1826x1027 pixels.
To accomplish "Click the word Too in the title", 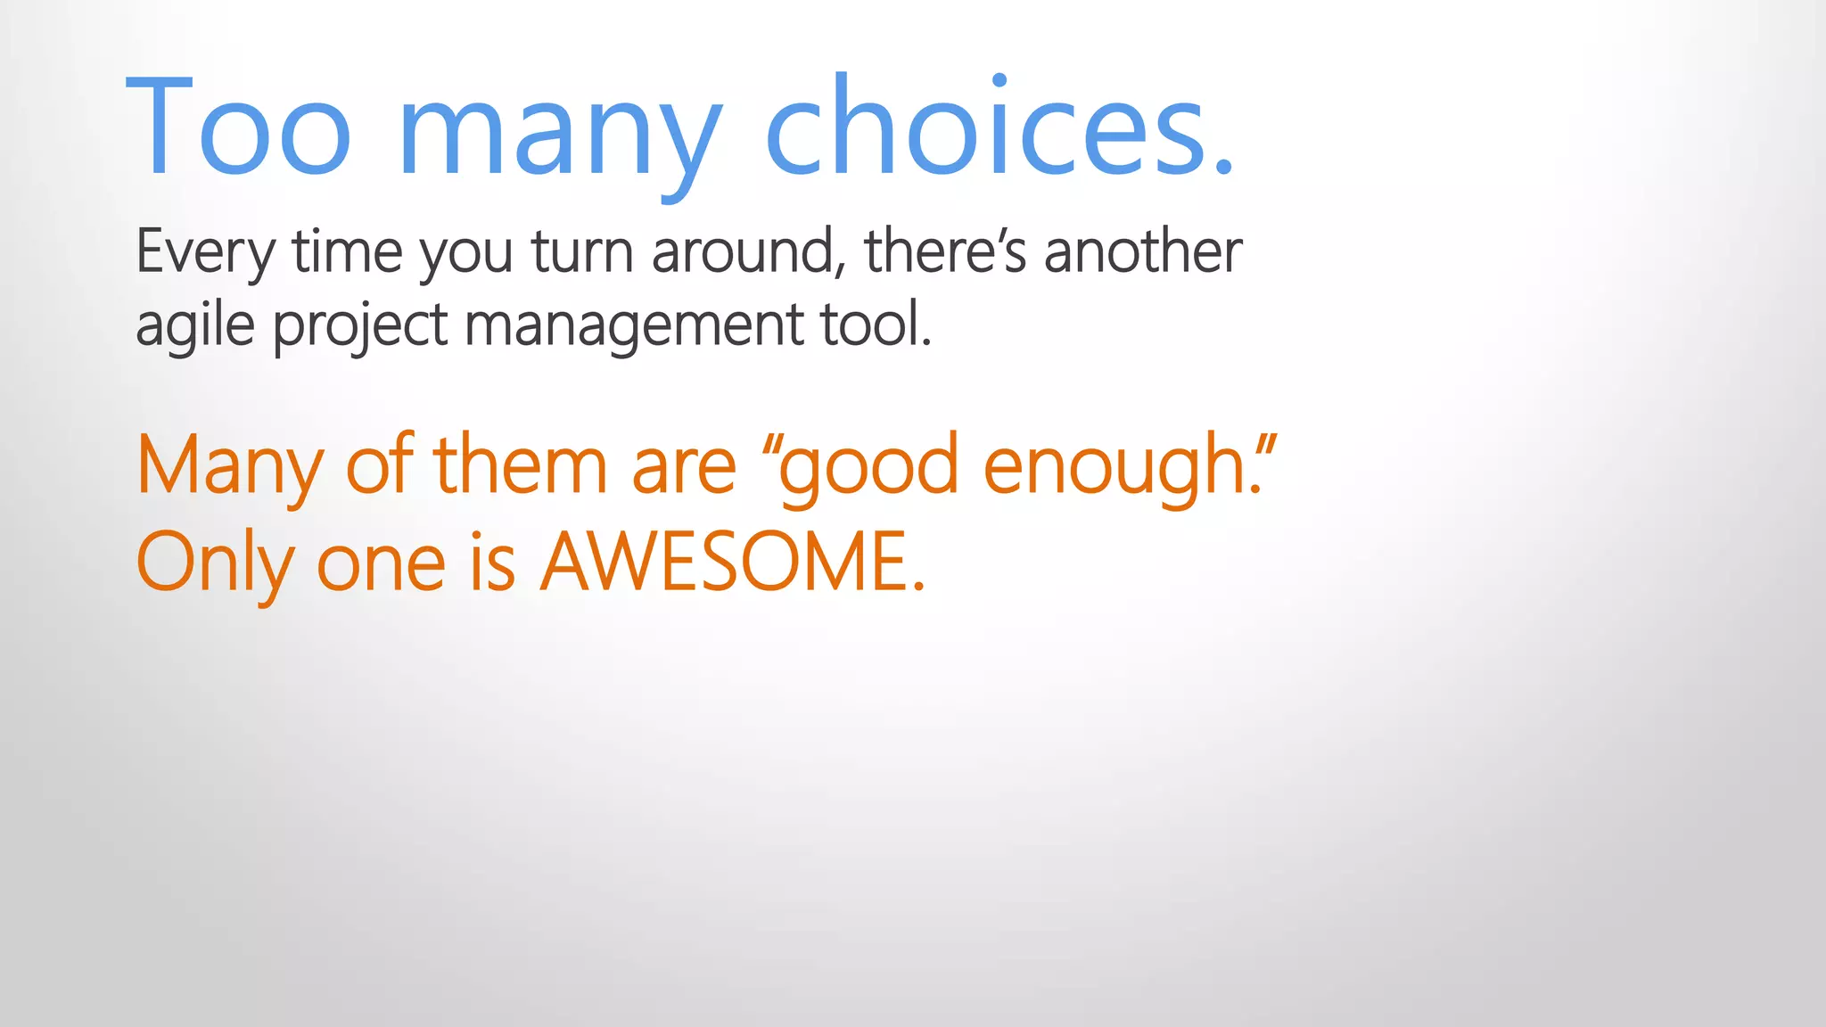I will click(x=239, y=127).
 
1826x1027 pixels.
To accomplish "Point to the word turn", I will click(x=583, y=252).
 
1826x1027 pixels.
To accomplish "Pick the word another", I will click(x=1143, y=252).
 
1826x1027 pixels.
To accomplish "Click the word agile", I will click(x=195, y=325).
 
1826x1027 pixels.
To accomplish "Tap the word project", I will click(x=359, y=326).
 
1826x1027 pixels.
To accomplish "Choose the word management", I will click(x=634, y=326).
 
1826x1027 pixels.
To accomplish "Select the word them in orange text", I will click(x=520, y=465).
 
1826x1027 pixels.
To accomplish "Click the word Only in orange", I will click(x=214, y=563).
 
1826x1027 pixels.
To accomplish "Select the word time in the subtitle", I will click(x=348, y=252).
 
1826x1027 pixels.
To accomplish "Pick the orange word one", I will click(x=381, y=564).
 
